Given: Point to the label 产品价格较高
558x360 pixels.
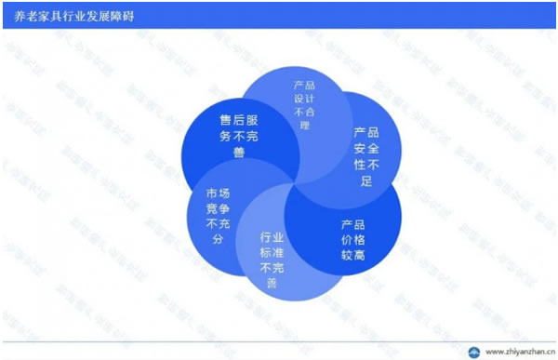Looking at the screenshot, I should [x=352, y=239].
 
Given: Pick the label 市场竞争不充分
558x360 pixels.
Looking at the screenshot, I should [x=218, y=217].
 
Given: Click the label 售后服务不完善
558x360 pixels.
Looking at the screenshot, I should [x=238, y=136].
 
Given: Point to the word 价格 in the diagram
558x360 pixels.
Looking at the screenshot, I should [x=352, y=239].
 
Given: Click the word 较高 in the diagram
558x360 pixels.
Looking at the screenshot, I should [x=352, y=254].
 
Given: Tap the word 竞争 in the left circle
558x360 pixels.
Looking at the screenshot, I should [x=218, y=209].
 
